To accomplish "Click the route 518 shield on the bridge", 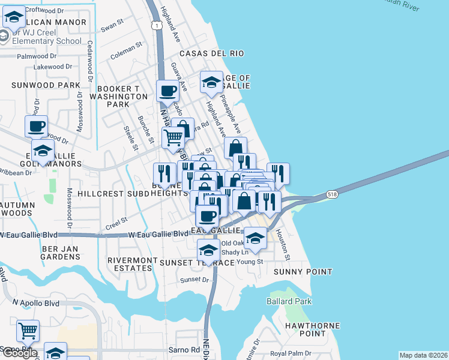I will point(331,194).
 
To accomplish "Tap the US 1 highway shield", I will point(156,26).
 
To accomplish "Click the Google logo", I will point(19,353).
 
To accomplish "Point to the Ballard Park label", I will point(289,301).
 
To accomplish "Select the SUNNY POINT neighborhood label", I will point(303,272).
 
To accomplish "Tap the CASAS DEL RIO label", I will point(210,53).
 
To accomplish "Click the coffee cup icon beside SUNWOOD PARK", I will point(36,127).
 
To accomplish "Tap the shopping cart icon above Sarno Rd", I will point(28,330).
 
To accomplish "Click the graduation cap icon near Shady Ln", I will point(255,238).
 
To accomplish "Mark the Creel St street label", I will point(116,223).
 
